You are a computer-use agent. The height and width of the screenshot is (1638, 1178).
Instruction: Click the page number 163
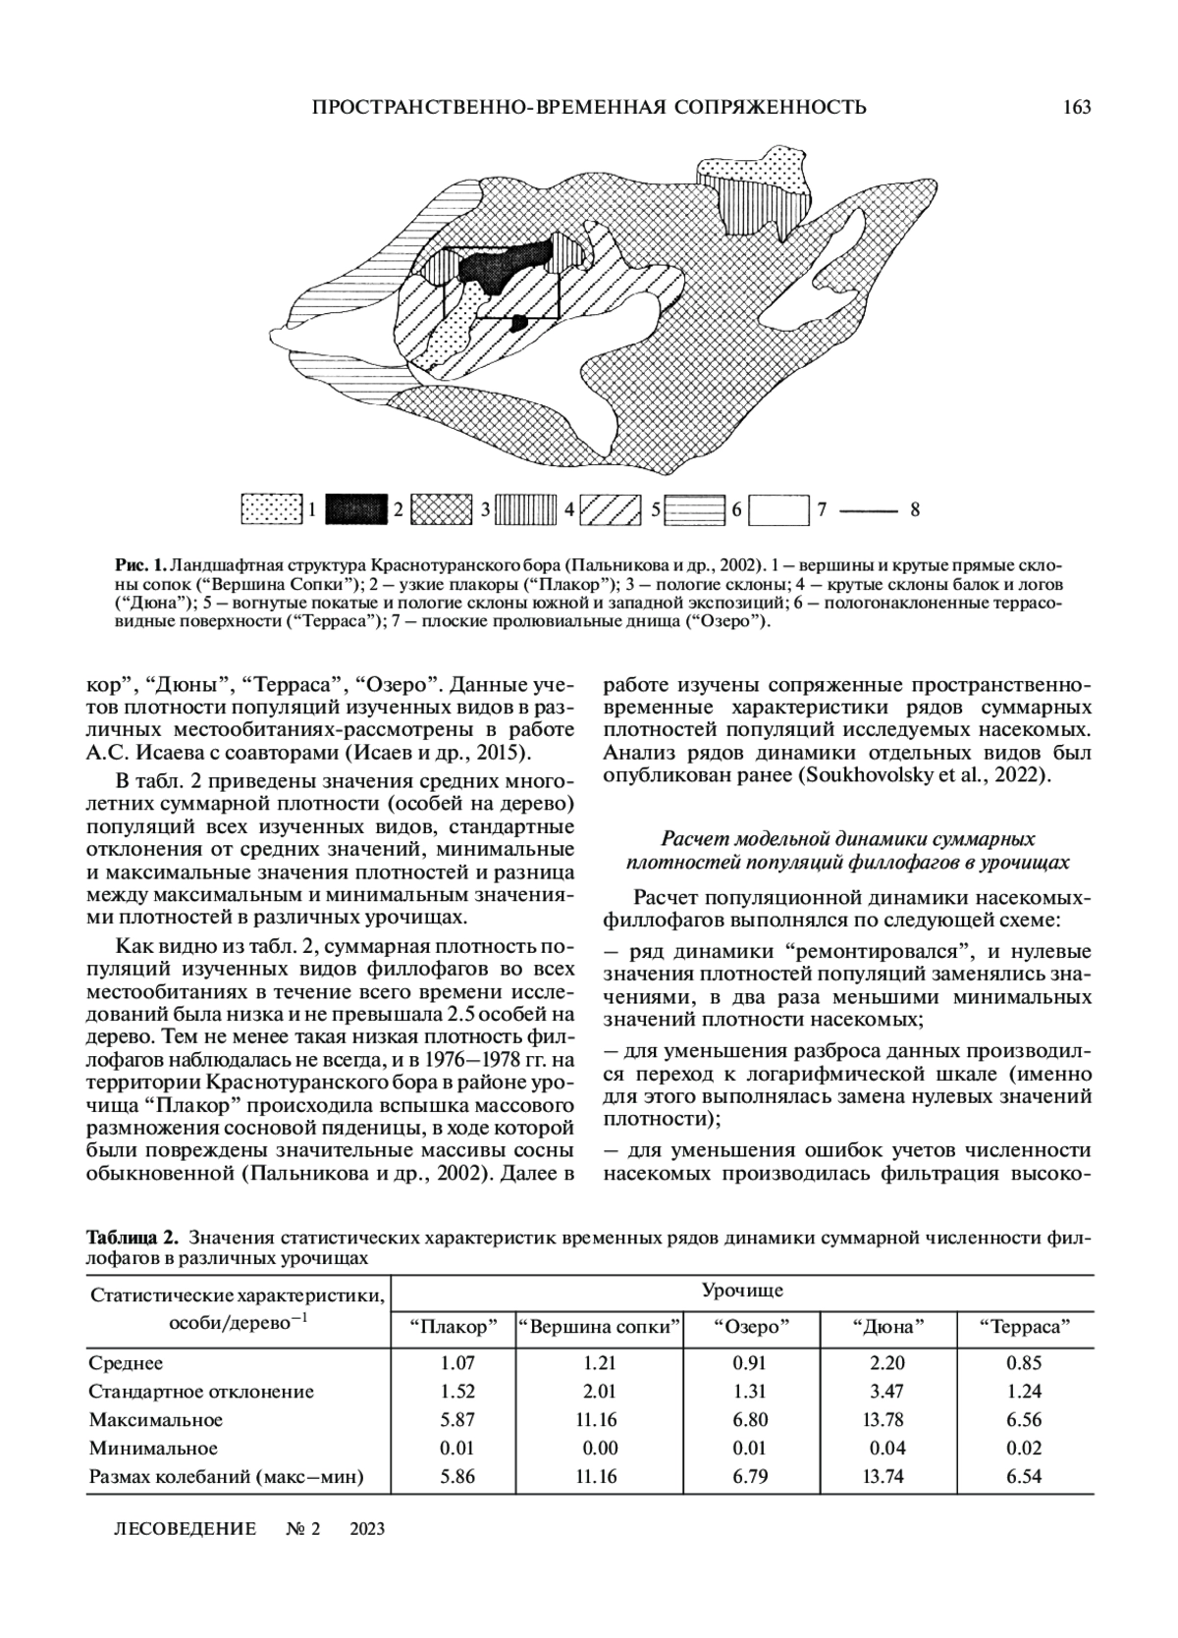point(1076,107)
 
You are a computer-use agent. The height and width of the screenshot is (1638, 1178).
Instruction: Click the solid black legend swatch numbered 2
point(355,509)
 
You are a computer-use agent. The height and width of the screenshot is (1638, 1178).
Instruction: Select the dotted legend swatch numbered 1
point(271,509)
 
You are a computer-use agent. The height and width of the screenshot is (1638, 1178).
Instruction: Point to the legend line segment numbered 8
point(869,510)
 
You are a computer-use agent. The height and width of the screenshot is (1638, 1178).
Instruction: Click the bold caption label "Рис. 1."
point(140,566)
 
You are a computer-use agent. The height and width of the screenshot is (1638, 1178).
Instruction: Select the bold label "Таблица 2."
point(134,1235)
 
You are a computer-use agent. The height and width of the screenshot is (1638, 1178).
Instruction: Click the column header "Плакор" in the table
point(454,1328)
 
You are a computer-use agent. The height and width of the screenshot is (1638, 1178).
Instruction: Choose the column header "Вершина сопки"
point(599,1328)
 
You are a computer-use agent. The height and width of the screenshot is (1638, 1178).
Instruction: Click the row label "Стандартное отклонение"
point(201,1392)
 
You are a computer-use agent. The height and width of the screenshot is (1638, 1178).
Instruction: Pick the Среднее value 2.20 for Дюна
point(887,1363)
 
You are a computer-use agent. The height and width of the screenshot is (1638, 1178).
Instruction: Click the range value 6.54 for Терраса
point(1024,1477)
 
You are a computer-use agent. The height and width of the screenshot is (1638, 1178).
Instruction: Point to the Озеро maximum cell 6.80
point(750,1420)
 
